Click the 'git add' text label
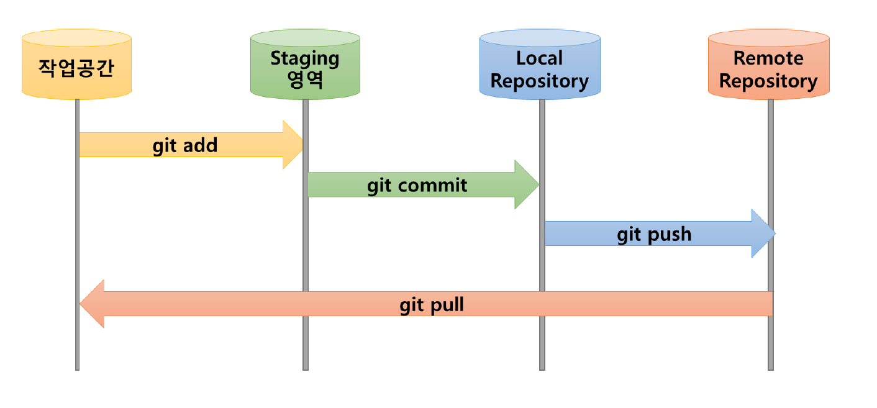(185, 145)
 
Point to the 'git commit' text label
(417, 185)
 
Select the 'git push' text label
(653, 234)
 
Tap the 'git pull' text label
(432, 306)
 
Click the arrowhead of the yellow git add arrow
(293, 145)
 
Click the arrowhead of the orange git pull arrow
(93, 304)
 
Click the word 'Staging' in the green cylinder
(305, 58)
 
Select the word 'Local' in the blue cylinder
(539, 58)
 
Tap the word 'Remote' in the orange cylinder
(768, 58)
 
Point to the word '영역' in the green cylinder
(305, 80)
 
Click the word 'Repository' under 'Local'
(540, 81)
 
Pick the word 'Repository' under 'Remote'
(768, 81)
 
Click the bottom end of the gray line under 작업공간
(77, 368)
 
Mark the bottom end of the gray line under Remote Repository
(771, 368)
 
